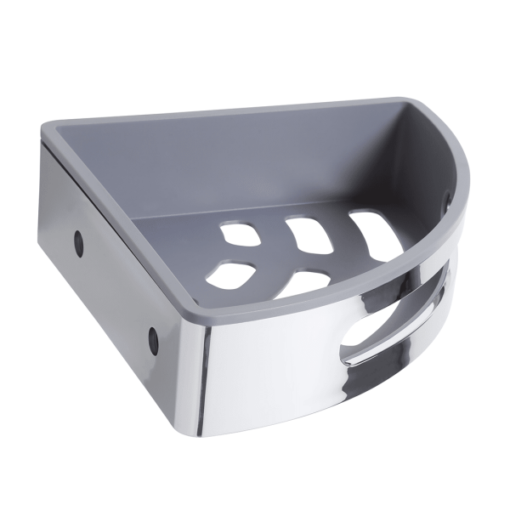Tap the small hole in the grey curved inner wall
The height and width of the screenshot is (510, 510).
(448, 201)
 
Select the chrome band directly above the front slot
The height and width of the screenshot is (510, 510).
(374, 293)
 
